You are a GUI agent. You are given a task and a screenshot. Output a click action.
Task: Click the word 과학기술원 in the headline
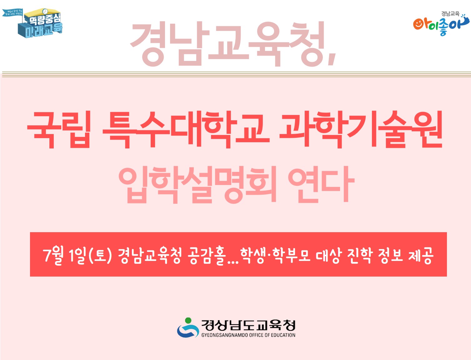point(361,129)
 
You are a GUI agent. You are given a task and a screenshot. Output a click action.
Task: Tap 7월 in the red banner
point(53,255)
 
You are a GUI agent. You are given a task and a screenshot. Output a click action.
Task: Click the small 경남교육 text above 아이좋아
point(450,13)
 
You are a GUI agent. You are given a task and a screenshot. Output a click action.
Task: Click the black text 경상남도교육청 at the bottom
point(248,325)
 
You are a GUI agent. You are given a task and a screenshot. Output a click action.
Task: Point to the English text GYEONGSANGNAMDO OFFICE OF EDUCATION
point(248,335)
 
